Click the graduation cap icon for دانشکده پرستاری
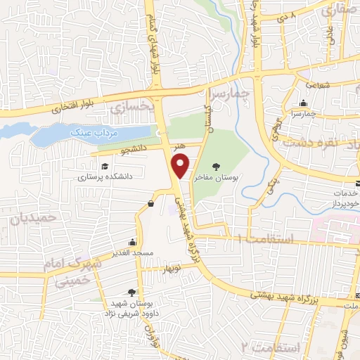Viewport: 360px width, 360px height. point(104,167)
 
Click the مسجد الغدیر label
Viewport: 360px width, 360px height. point(132,251)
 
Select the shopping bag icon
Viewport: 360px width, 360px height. point(150,203)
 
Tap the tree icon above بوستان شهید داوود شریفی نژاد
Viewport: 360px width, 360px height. point(131,292)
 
